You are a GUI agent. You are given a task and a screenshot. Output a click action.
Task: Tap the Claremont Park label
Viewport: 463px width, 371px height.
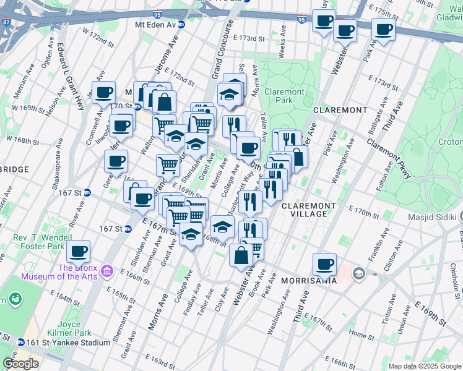(x=284, y=96)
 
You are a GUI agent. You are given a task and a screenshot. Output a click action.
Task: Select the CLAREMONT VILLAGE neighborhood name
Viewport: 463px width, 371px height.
(x=308, y=210)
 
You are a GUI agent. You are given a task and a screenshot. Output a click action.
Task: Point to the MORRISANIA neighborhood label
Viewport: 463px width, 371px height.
(x=308, y=280)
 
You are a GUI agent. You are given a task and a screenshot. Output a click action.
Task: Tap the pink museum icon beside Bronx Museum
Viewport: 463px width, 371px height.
(x=106, y=271)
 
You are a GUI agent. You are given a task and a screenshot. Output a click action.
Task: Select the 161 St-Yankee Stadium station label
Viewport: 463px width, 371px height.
(x=62, y=342)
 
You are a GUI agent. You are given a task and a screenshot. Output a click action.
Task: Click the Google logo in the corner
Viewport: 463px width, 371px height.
(x=20, y=364)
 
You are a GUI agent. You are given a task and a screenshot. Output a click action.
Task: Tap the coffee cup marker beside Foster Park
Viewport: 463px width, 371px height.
(x=79, y=252)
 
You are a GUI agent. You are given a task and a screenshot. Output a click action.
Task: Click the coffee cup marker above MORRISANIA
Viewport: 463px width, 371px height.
(x=324, y=265)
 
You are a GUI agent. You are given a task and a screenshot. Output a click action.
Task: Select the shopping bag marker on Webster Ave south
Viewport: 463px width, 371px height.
(x=241, y=255)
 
